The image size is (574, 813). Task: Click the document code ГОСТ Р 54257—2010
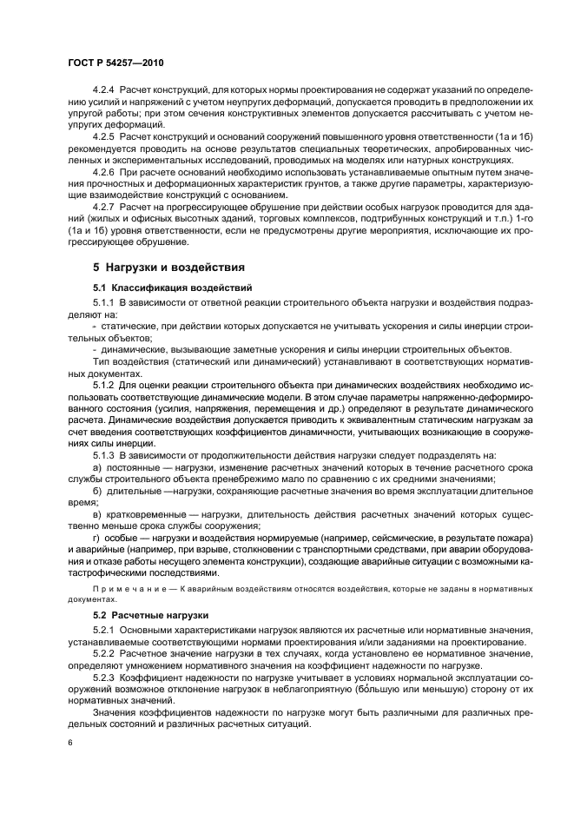pos(115,63)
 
